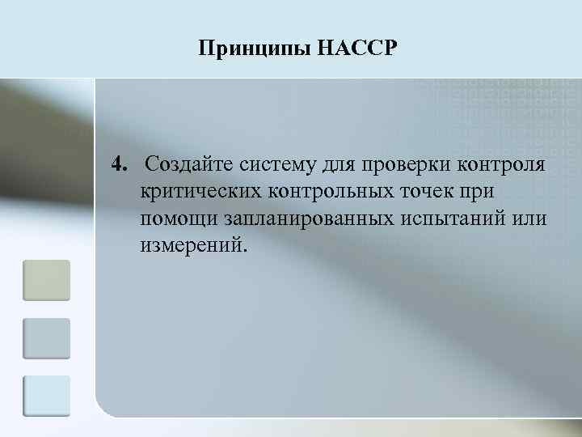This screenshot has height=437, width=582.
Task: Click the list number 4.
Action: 120,166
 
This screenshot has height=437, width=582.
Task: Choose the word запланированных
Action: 304,220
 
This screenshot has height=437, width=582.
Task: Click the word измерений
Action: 191,246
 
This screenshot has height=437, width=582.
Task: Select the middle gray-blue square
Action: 47,338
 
